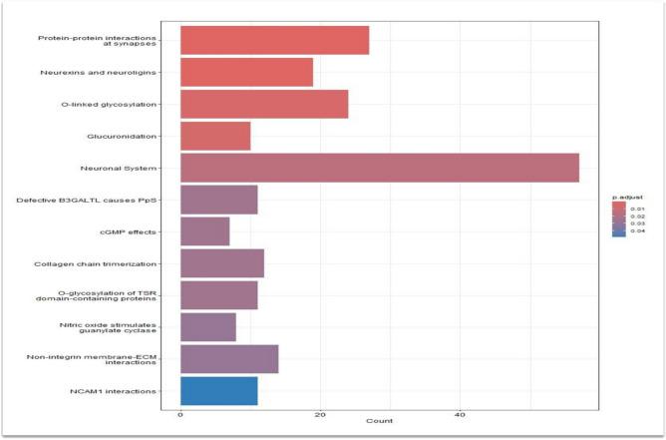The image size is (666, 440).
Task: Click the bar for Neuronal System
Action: [x=379, y=168]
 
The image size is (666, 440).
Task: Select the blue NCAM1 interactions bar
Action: [x=218, y=391]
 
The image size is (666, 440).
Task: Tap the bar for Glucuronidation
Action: [x=215, y=136]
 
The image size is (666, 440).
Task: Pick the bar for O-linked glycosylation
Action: [x=264, y=104]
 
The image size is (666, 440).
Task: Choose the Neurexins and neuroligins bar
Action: [x=246, y=72]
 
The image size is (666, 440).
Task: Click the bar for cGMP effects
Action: [x=204, y=231]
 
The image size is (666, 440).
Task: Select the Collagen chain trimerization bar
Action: [x=221, y=263]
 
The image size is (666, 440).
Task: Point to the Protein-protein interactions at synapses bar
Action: [x=274, y=40]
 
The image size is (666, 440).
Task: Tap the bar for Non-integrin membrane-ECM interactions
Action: [x=228, y=359]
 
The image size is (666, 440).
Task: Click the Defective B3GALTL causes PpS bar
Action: [x=218, y=200]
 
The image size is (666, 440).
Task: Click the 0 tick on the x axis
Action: [x=180, y=414]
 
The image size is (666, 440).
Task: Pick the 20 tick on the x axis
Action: [x=320, y=414]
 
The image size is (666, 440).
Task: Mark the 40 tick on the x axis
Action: [x=460, y=414]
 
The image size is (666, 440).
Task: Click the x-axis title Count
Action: [x=379, y=422]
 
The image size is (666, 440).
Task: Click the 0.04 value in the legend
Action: [x=640, y=232]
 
